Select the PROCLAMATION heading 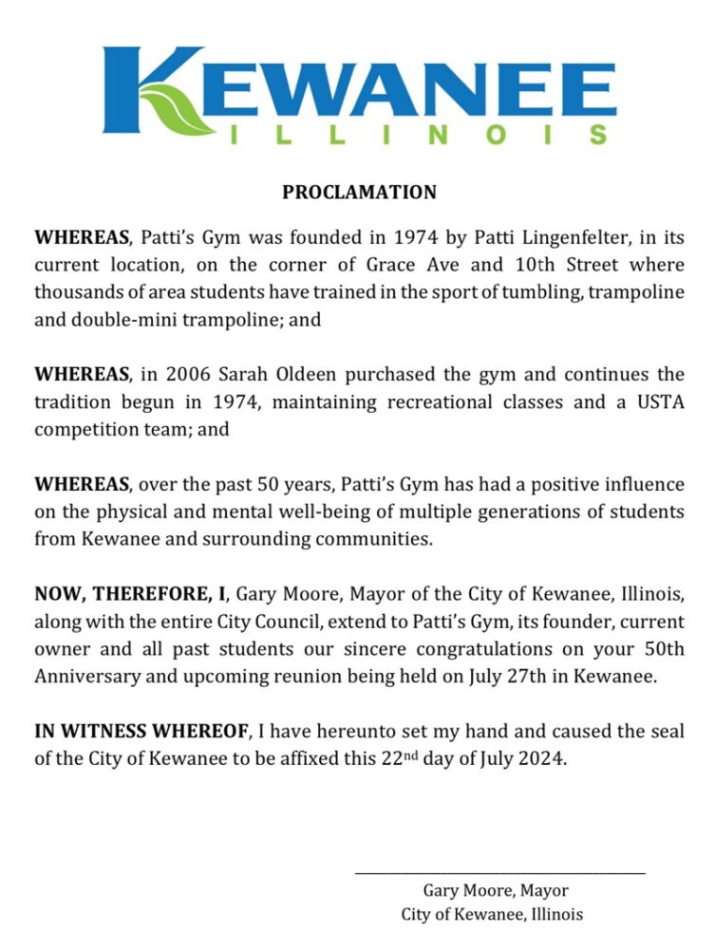pyautogui.click(x=359, y=193)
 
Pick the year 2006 pyautogui.click(x=179, y=375)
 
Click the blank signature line pyautogui.click(x=499, y=872)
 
